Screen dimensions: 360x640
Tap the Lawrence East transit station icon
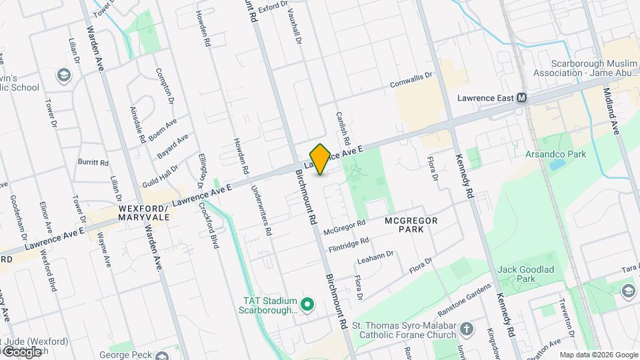click(x=522, y=98)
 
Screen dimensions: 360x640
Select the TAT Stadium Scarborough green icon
click(x=307, y=305)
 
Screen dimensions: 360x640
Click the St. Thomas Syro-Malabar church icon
click(x=467, y=329)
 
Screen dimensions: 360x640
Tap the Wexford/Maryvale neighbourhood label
click(x=142, y=213)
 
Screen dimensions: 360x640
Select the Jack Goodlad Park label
click(x=527, y=274)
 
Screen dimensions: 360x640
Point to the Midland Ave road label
click(x=612, y=111)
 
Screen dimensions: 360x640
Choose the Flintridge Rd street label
click(x=346, y=245)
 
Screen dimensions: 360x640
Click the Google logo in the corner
click(x=23, y=351)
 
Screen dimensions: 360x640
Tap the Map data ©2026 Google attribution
click(x=599, y=355)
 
